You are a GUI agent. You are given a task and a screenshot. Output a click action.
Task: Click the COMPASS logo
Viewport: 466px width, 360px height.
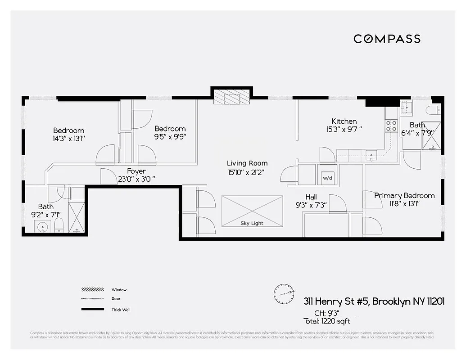tap(387, 39)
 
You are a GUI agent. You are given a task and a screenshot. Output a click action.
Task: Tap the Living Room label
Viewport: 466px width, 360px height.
tap(247, 163)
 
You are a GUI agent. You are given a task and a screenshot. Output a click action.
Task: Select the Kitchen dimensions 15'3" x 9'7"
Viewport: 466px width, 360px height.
tap(344, 129)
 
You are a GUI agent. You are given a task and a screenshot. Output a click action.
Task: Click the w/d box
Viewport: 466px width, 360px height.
tap(327, 178)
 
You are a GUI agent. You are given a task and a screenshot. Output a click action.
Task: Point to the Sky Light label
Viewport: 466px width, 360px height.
tap(252, 223)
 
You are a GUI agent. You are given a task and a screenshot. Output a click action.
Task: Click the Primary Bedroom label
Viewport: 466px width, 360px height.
tap(404, 195)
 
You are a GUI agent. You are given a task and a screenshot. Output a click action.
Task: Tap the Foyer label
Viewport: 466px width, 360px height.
tap(136, 171)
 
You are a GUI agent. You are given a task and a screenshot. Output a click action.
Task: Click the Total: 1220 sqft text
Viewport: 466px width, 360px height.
tap(326, 321)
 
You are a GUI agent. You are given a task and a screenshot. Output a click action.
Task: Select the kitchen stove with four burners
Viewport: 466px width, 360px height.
tap(391, 126)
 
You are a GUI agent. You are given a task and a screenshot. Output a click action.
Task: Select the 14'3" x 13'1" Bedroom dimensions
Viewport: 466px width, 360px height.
tap(69, 139)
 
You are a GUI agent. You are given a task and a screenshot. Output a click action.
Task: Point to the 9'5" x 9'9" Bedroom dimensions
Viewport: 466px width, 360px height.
tap(170, 136)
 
